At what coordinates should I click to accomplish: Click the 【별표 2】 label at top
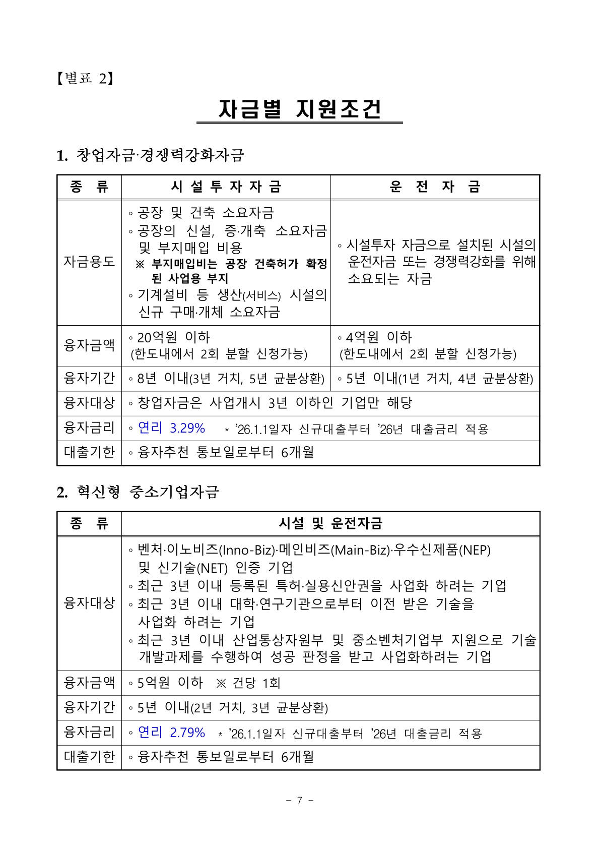(85, 78)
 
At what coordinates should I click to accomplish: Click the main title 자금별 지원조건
(299, 109)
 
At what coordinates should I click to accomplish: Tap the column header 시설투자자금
(226, 187)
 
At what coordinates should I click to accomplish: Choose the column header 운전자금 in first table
(435, 187)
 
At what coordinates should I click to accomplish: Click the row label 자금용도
(89, 262)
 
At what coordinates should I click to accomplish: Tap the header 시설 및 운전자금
(330, 523)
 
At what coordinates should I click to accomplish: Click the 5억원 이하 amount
(170, 683)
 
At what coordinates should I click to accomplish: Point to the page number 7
(300, 801)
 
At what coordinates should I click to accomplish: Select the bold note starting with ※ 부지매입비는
(232, 271)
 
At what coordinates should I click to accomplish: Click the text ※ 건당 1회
(248, 683)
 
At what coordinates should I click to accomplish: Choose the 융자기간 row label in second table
(89, 708)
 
